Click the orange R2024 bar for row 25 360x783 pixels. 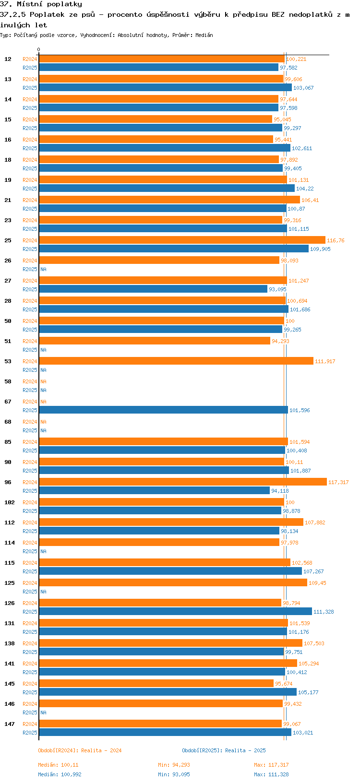pyautogui.click(x=182, y=240)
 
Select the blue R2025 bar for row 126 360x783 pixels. pyautogui.click(x=175, y=611)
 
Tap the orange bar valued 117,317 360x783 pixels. pyautogui.click(x=182, y=482)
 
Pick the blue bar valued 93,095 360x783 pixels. pyautogui.click(x=153, y=289)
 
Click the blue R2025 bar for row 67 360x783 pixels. pyautogui.click(x=163, y=410)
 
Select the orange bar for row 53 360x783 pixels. pyautogui.click(x=176, y=361)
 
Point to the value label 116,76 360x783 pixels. pyautogui.click(x=336, y=240)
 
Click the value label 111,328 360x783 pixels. pyautogui.click(x=324, y=612)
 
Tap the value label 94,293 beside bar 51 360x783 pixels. pyautogui.click(x=280, y=341)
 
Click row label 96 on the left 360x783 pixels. pyautogui.click(x=8, y=482)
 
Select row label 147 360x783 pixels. pyautogui.click(x=10, y=724)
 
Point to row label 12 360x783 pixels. pyautogui.click(x=8, y=59)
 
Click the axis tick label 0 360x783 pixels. pyautogui.click(x=39, y=49)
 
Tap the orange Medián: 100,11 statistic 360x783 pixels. pyautogui.click(x=58, y=765)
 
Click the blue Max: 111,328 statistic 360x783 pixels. pyautogui.click(x=271, y=774)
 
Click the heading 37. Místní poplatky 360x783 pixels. pyautogui.click(x=41, y=4)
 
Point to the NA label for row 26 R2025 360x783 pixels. pyautogui.click(x=43, y=269)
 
